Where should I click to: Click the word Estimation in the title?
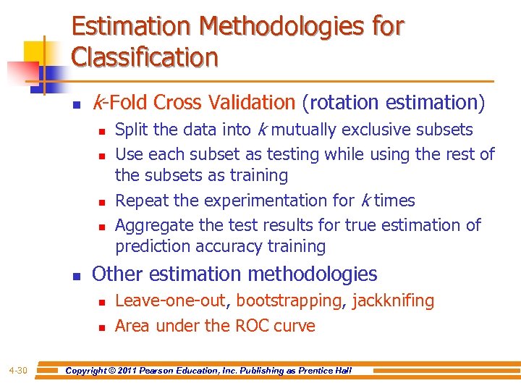[130, 27]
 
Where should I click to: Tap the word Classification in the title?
[145, 56]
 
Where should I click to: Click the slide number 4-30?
[18, 371]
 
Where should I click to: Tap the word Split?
[132, 130]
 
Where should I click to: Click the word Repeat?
[143, 201]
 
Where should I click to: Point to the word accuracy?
[237, 246]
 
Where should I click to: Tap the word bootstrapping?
[289, 300]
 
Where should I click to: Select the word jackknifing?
[393, 300]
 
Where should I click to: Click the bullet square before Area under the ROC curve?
[101, 327]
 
